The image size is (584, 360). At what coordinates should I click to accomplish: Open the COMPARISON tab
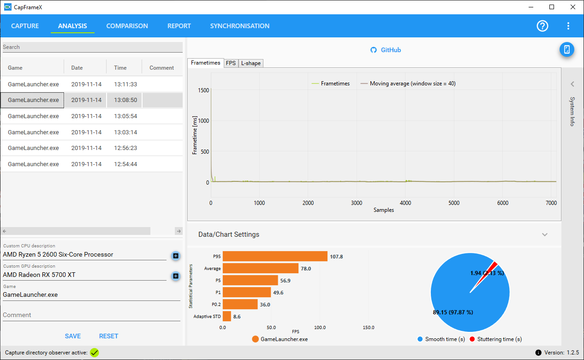point(127,26)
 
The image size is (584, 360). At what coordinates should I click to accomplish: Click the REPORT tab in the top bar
point(179,26)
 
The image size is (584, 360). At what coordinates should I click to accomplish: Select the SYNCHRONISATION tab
point(240,26)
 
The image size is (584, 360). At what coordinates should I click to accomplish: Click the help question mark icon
point(542,26)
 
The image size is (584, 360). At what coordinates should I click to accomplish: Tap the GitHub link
point(386,50)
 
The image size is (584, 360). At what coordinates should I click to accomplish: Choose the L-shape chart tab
point(251,63)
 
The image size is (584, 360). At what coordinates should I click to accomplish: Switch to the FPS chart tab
point(231,63)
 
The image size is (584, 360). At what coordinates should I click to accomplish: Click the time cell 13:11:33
point(125,84)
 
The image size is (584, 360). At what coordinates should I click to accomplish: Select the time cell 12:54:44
point(125,164)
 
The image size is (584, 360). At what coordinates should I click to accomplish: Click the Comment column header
point(161,68)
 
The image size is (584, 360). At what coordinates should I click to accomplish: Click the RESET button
point(109,336)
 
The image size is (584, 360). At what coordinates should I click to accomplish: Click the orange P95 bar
point(275,256)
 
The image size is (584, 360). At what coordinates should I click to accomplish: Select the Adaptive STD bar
point(227,316)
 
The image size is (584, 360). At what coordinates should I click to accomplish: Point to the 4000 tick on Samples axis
point(405,203)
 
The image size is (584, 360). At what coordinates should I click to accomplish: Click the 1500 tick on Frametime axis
point(203,90)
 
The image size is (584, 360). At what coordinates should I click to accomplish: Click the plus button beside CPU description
point(176,256)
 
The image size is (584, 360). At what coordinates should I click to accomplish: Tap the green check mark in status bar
point(95,353)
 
